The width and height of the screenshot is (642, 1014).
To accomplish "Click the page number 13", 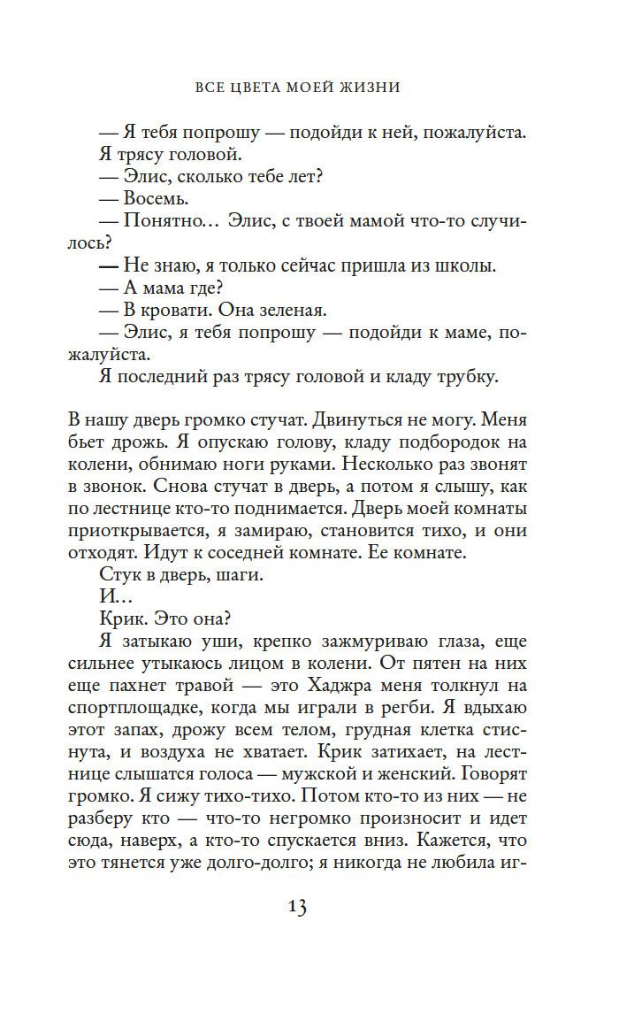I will point(296,908).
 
